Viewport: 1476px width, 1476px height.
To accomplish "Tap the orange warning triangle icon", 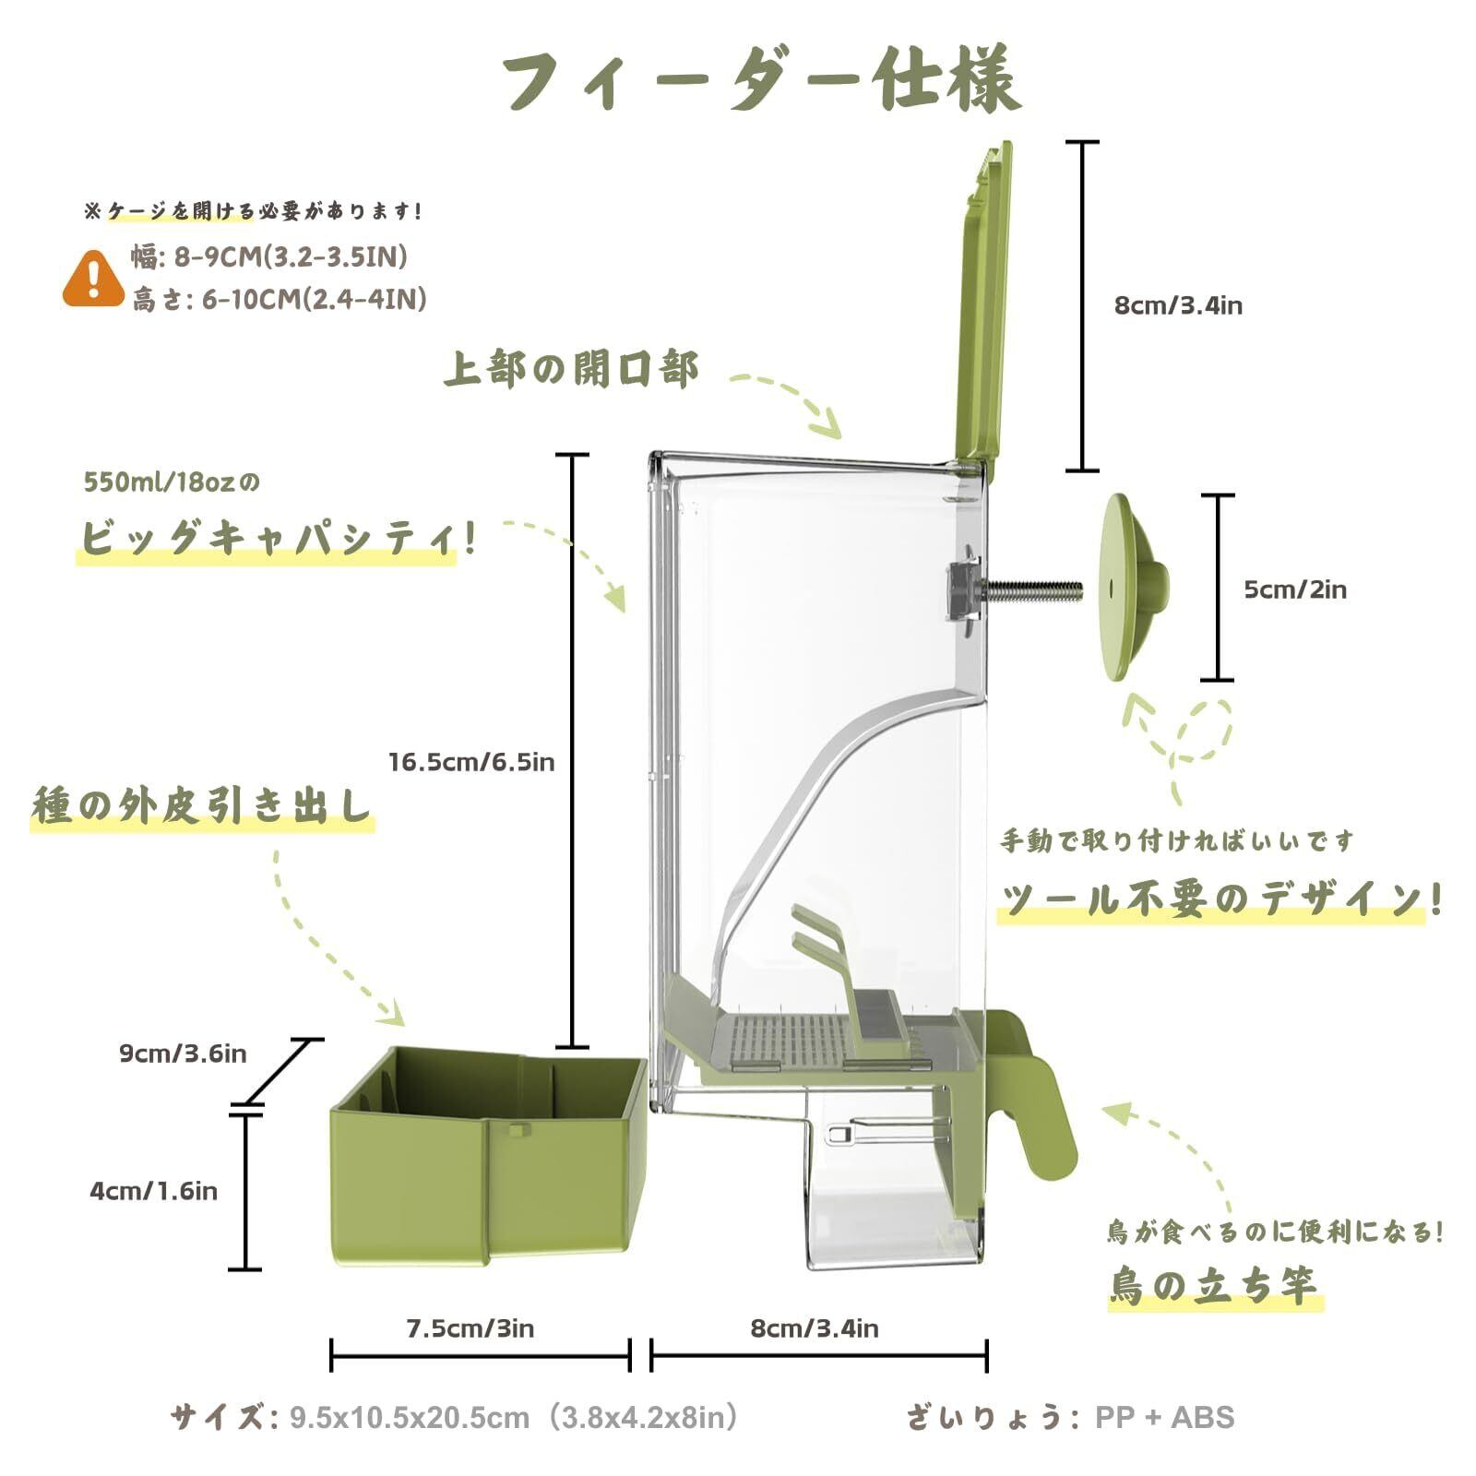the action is click(93, 278).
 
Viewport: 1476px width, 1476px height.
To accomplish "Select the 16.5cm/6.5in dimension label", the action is click(470, 762).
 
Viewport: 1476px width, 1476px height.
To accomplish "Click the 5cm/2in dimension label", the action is click(1294, 589).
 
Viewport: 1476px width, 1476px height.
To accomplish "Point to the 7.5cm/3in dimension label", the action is click(470, 1328).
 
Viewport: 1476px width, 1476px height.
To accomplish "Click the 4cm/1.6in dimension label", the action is click(153, 1191).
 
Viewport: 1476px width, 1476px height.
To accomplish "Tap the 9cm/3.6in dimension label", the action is click(183, 1053).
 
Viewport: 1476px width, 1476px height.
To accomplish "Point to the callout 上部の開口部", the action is click(571, 370).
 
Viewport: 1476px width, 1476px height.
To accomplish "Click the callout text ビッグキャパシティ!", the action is click(277, 538).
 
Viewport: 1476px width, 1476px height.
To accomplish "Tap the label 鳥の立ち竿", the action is click(1213, 1285).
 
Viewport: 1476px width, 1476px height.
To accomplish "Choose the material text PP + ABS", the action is click(1164, 1417).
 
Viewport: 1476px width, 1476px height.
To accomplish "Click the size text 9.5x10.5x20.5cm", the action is click(411, 1417).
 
